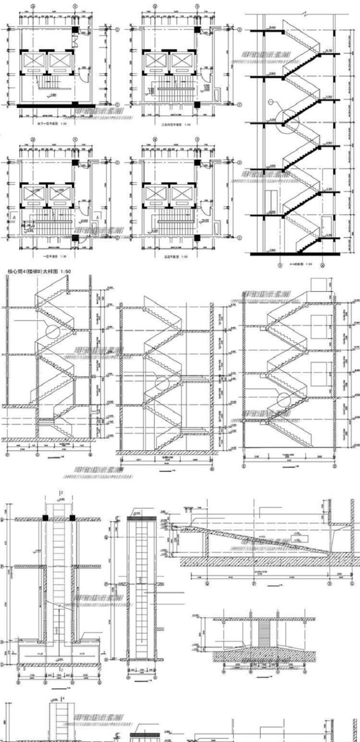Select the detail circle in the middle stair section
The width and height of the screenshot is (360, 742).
pyautogui.click(x=162, y=384)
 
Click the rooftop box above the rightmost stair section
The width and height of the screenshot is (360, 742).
pyautogui.click(x=319, y=284)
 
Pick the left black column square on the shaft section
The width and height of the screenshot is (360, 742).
pyautogui.click(x=45, y=518)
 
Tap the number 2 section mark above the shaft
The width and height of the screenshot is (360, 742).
pyautogui.click(x=61, y=492)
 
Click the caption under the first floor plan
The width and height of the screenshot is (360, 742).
pyautogui.click(x=51, y=256)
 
